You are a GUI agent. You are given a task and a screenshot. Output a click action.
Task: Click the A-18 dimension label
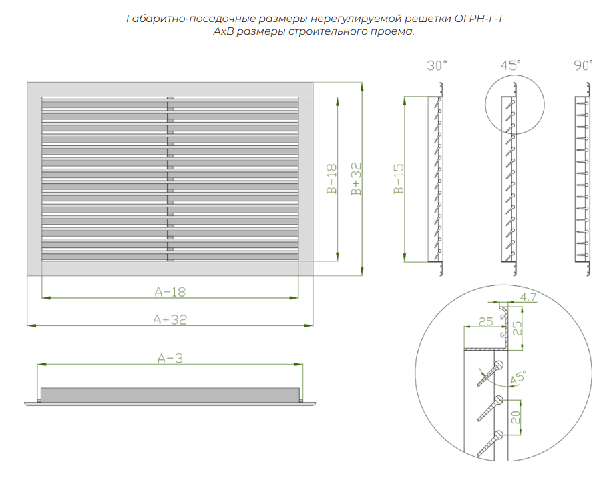point(170,291)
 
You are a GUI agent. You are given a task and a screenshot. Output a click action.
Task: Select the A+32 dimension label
point(170,319)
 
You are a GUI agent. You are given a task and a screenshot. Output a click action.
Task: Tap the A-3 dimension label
point(170,359)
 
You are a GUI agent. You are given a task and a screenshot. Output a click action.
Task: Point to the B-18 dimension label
point(331,179)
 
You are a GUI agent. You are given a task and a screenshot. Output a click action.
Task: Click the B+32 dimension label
point(357,179)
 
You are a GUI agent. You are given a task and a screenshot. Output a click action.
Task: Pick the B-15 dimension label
point(399,179)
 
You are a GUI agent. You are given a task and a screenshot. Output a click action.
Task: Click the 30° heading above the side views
point(437,65)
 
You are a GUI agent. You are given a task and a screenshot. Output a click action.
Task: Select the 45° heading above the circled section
point(510,65)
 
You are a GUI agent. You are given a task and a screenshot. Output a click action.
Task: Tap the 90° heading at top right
point(583,65)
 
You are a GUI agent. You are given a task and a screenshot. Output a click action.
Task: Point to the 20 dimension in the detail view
point(516,418)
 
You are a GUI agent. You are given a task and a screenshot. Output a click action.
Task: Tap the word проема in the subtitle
point(387,31)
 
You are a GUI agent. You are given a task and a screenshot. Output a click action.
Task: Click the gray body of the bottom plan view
point(170,395)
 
